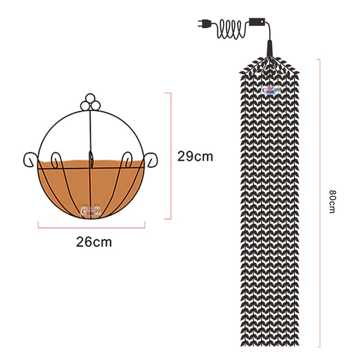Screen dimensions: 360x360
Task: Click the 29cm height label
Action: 195,156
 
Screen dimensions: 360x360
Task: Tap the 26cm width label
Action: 94,242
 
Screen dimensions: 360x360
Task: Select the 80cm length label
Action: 332,202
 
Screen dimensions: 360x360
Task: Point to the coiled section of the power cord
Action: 232,29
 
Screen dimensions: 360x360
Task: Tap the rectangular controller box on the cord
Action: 257,22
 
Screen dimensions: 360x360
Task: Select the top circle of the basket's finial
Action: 90,98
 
